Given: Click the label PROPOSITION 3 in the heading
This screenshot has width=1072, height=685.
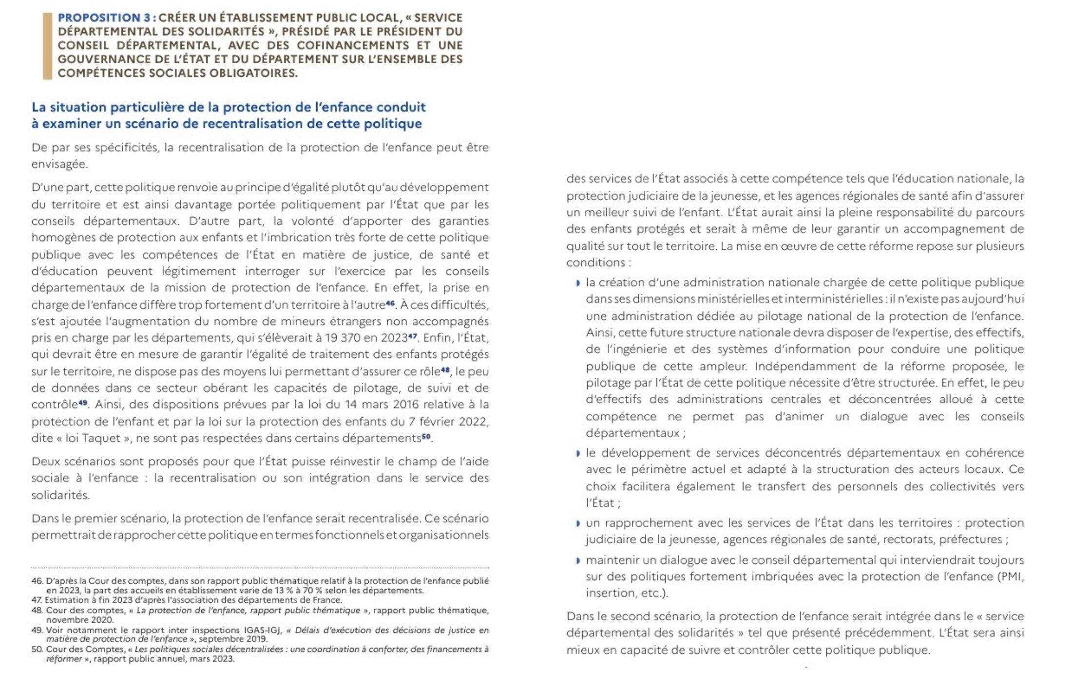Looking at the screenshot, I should [103, 18].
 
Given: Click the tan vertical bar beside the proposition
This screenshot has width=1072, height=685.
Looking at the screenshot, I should [47, 46].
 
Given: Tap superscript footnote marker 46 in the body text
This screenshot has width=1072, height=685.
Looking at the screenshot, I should [390, 303].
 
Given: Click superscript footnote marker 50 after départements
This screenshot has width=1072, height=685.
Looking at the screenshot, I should [426, 436].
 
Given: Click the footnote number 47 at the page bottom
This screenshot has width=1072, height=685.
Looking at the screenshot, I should [37, 600].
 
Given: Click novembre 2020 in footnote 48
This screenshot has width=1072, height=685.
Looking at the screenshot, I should [79, 620].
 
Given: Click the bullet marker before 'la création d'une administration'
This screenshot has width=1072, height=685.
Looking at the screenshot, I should [578, 283].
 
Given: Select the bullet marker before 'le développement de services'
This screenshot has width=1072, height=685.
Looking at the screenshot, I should [578, 453].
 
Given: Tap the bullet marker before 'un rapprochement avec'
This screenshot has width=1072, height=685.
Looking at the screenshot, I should [578, 523].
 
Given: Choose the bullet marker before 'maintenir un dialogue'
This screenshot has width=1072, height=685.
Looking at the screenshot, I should [578, 560].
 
